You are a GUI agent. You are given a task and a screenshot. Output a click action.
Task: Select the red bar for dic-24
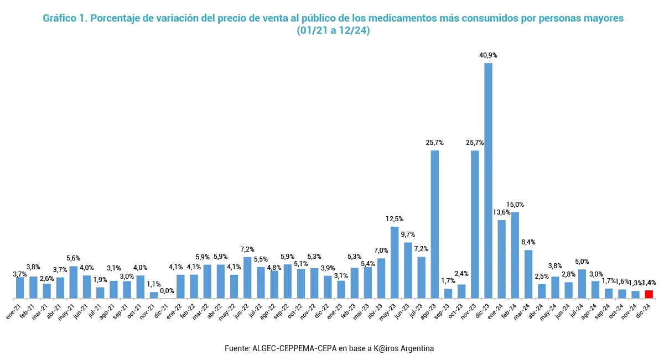[649, 294]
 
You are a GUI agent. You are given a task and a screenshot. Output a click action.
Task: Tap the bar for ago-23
[435, 224]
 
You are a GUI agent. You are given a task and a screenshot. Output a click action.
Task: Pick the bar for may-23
[395, 262]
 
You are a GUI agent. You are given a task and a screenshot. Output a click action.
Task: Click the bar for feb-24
[515, 255]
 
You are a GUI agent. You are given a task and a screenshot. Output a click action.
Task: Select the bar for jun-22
[247, 278]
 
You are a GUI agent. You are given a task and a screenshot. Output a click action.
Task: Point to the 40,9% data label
[488, 55]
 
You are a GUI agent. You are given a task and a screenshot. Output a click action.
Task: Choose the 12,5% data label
[395, 219]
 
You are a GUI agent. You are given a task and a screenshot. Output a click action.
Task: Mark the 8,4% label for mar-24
[529, 242]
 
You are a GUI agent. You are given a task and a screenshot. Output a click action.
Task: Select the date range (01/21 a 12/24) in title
[333, 31]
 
